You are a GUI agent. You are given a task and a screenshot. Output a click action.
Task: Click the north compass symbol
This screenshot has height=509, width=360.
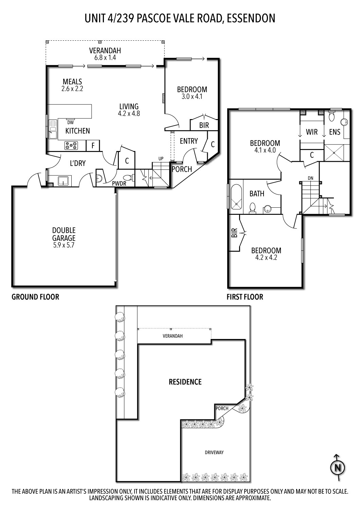pos(338,468)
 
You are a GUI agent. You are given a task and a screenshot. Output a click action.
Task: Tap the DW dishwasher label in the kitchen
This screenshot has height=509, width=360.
pos(71,123)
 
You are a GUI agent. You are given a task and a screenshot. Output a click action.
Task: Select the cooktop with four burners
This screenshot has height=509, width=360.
pos(71,146)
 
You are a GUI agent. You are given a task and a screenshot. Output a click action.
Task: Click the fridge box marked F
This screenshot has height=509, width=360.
pos(93,146)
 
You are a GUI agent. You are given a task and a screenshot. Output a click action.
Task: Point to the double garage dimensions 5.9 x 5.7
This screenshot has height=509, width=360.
pos(64,245)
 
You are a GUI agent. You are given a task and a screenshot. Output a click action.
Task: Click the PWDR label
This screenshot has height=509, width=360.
pos(119,183)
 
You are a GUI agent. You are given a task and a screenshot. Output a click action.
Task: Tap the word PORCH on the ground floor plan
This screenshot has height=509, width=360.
pos(182,169)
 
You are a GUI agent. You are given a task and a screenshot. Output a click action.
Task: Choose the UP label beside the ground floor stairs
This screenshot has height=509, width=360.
pos(161,158)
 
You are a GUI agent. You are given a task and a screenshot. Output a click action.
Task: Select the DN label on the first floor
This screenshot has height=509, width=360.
pos(310,178)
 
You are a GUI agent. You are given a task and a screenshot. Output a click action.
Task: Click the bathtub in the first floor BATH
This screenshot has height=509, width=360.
pos(236,197)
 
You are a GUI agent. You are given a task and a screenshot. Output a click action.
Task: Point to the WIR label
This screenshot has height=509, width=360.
pos(311,132)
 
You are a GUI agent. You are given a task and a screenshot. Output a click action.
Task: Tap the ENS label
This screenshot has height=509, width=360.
pos(335,132)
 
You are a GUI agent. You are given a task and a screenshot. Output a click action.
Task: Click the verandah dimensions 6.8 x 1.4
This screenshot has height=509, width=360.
pos(105,58)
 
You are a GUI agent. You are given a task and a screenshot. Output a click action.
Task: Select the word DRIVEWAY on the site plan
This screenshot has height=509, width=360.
pos(214,452)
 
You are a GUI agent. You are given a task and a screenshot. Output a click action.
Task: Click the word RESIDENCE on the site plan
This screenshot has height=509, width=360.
pos(185,382)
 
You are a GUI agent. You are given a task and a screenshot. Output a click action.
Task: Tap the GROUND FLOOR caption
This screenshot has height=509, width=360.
pos(35,297)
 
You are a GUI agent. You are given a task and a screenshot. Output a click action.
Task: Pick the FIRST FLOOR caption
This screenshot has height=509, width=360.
pos(245,297)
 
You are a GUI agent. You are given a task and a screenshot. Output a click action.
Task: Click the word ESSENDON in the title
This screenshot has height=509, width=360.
pos(251,18)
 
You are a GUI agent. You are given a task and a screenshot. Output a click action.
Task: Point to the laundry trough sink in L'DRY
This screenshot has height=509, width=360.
pos(61,181)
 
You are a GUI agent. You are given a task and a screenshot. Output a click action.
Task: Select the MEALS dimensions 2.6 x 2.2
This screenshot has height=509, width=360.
pos(72,89)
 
